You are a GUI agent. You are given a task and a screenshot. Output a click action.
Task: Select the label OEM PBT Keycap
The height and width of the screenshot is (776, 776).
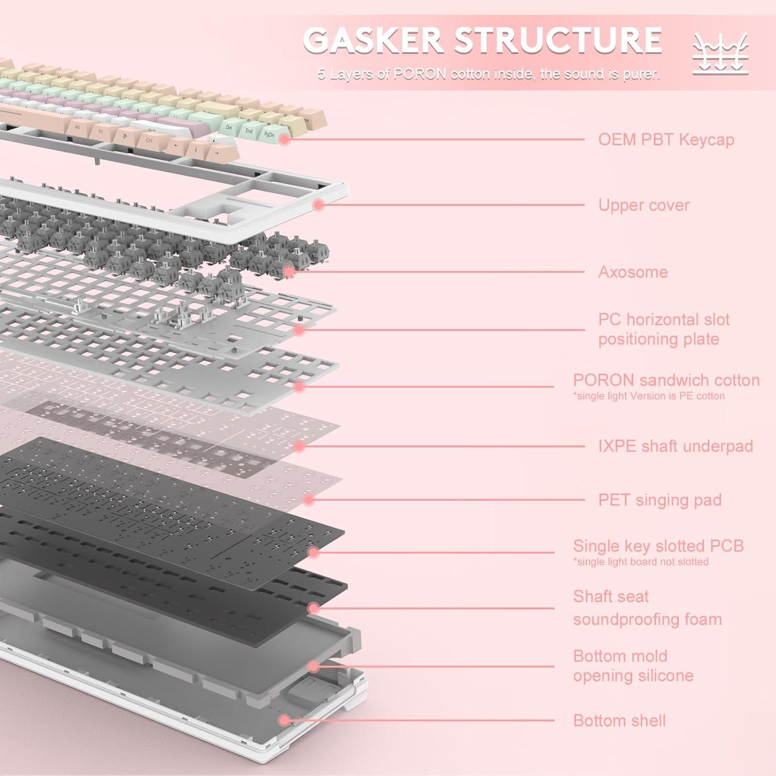tap(666, 140)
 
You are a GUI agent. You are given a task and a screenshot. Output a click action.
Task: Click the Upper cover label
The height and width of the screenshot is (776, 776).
tap(644, 205)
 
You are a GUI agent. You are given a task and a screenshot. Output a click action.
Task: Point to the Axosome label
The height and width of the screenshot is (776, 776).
tap(633, 272)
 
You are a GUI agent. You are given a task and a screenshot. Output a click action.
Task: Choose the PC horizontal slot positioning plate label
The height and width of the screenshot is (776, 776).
tap(663, 329)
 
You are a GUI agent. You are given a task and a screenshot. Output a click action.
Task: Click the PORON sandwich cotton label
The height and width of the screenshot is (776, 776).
tap(666, 380)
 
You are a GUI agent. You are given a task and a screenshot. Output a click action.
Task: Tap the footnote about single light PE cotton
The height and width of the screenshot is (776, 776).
tap(649, 396)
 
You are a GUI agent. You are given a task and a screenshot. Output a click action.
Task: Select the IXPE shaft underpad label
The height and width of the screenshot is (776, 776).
tap(675, 446)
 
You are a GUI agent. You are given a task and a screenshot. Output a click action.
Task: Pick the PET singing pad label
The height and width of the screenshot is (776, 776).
tap(660, 500)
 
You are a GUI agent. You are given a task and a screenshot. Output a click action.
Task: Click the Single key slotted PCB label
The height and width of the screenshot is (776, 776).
tap(658, 546)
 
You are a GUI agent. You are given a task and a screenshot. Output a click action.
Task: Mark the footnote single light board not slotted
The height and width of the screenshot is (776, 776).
tap(640, 562)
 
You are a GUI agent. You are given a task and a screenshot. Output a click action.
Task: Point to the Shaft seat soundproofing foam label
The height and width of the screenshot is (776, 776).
tap(647, 608)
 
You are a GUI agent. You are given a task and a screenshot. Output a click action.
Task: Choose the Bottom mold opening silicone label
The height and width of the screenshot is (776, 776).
tap(633, 666)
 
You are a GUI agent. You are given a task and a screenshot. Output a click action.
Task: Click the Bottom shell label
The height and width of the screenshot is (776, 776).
tap(619, 721)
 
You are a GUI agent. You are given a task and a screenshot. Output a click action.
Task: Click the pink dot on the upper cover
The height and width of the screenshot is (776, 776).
tap(319, 205)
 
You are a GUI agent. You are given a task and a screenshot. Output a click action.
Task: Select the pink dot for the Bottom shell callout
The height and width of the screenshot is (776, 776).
tap(283, 720)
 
